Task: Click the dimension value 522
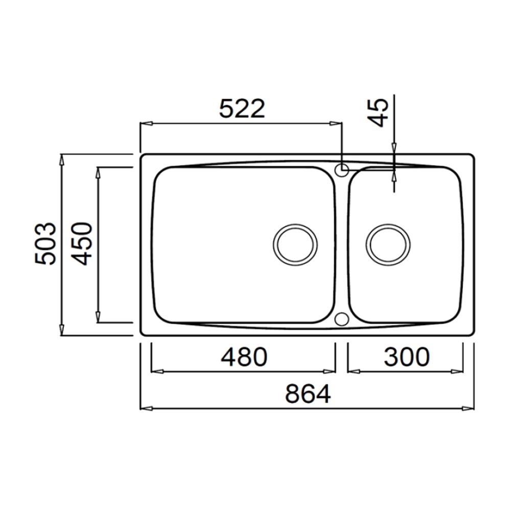[x=242, y=109]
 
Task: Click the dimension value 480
[x=244, y=357]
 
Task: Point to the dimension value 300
[x=406, y=357]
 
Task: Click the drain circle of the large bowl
[x=295, y=244]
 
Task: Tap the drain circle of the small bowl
[x=388, y=244]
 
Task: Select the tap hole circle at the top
[x=342, y=169]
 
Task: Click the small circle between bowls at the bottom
[x=341, y=319]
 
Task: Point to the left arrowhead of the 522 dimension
[x=146, y=123]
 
